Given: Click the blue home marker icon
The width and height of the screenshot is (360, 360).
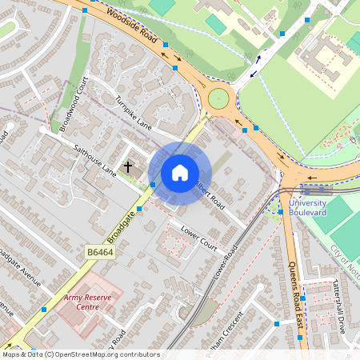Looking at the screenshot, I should [180, 173].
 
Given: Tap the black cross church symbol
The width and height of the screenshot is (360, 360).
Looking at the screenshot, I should [128, 166].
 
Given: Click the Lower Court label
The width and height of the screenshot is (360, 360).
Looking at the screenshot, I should [199, 238].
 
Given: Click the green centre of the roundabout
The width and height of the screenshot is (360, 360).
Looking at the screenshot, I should [218, 98].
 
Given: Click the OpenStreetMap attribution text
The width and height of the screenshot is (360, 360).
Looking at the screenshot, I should [80, 354].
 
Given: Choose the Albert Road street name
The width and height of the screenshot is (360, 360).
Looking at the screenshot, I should [210, 193].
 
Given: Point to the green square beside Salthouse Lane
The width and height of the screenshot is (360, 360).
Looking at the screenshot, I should [153, 185].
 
